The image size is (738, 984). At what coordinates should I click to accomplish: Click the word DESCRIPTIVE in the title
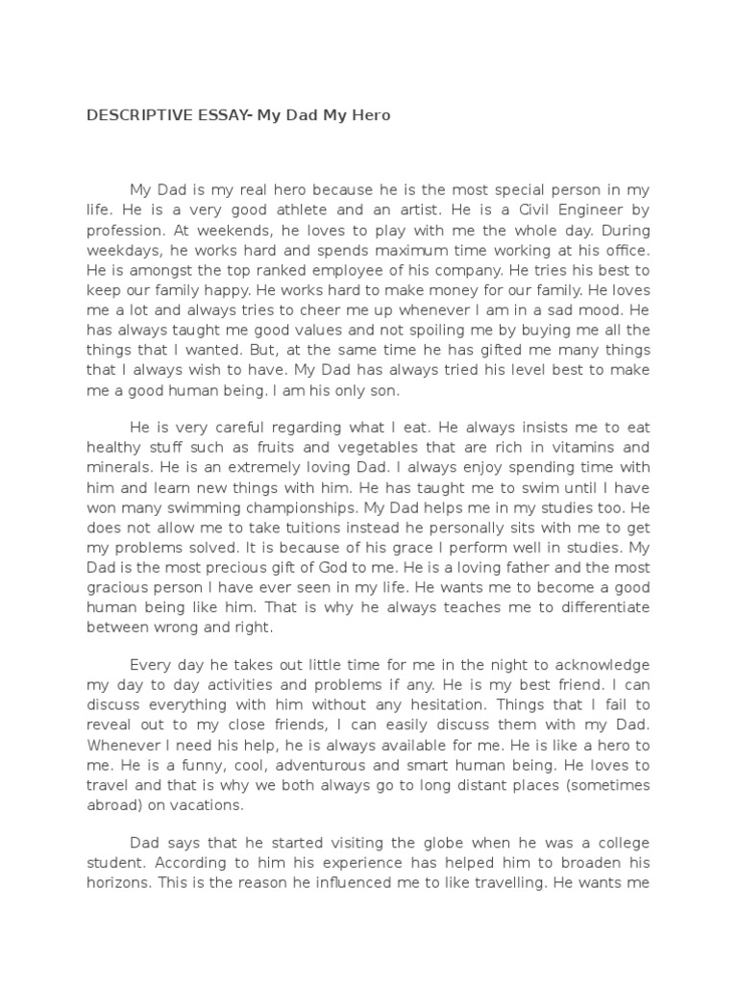point(131,115)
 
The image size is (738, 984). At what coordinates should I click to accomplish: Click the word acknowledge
point(595,664)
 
